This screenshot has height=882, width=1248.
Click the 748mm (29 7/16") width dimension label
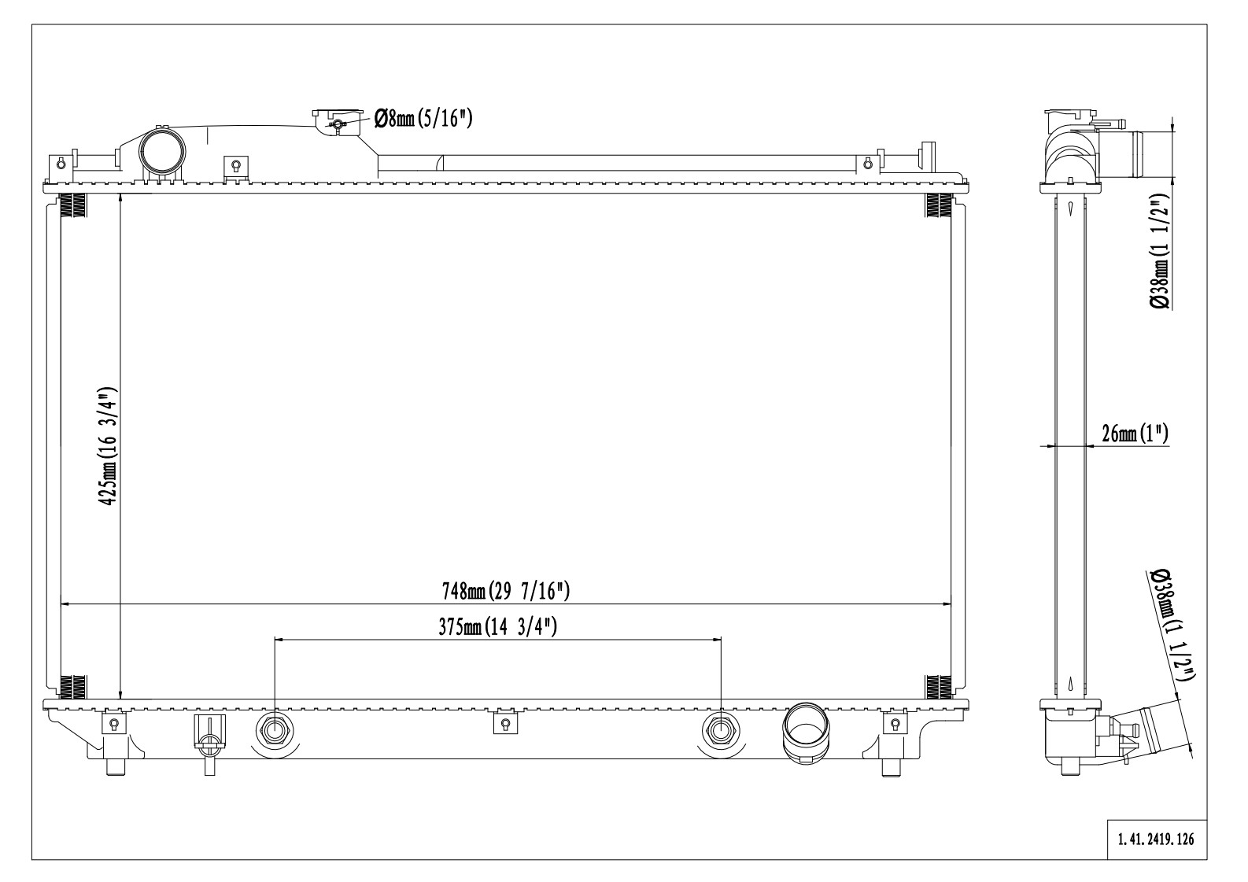pos(506,591)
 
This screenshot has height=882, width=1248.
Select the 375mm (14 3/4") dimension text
pos(497,627)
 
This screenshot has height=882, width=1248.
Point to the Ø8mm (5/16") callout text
pos(423,118)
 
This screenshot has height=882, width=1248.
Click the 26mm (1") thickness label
pos(1135,434)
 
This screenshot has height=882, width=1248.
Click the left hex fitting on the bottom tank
pos(274,730)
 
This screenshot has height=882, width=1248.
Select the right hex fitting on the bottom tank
pos(721,730)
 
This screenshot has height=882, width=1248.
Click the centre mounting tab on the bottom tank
pos(506,722)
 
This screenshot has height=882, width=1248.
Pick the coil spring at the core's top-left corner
pos(72,206)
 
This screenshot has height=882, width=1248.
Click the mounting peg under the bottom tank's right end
pos(891,767)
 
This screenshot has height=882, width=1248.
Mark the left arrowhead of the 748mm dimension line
pos(65,603)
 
